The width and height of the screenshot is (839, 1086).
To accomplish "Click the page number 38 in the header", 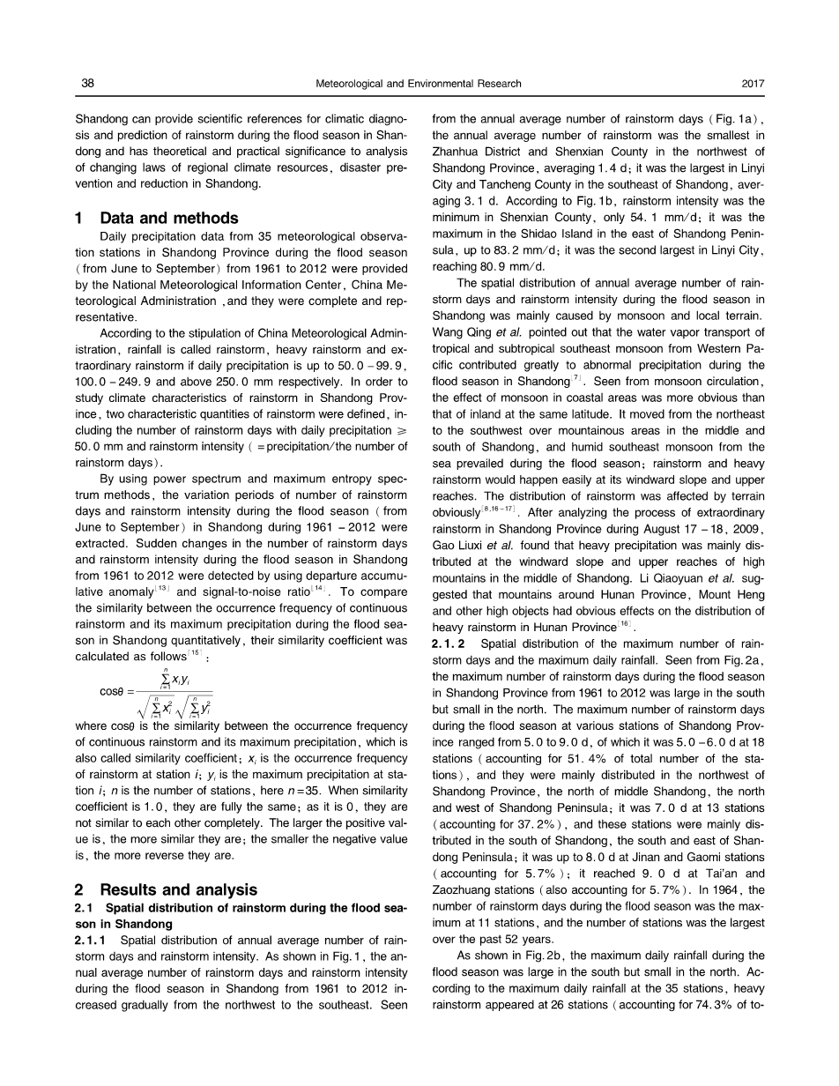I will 87,84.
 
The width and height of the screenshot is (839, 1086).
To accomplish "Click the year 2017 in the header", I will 753,84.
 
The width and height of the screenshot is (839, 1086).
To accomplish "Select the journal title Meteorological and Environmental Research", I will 418,84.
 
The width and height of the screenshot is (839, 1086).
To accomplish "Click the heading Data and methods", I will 169,218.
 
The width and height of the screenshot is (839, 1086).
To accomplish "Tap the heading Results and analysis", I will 178,889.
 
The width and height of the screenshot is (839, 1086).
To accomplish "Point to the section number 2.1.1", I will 93,941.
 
